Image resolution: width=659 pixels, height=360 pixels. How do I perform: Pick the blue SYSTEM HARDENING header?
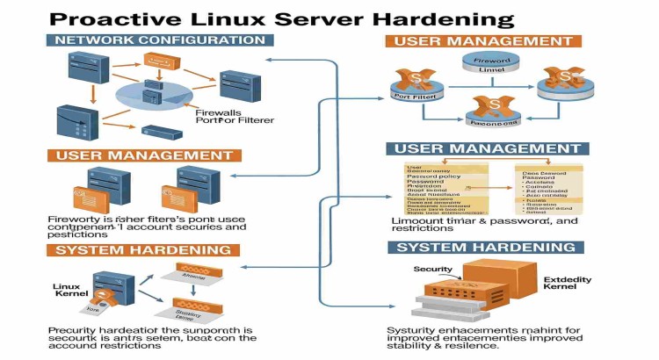click(486, 248)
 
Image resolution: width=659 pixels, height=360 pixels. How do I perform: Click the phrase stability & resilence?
click(443, 345)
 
